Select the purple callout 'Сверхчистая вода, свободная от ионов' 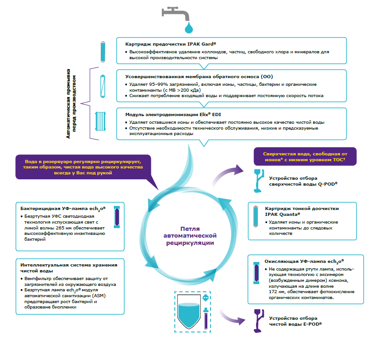(x=305, y=156)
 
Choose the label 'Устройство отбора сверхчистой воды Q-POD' (x=303, y=181)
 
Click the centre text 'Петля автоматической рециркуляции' (x=190, y=236)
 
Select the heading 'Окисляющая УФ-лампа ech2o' (x=304, y=262)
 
